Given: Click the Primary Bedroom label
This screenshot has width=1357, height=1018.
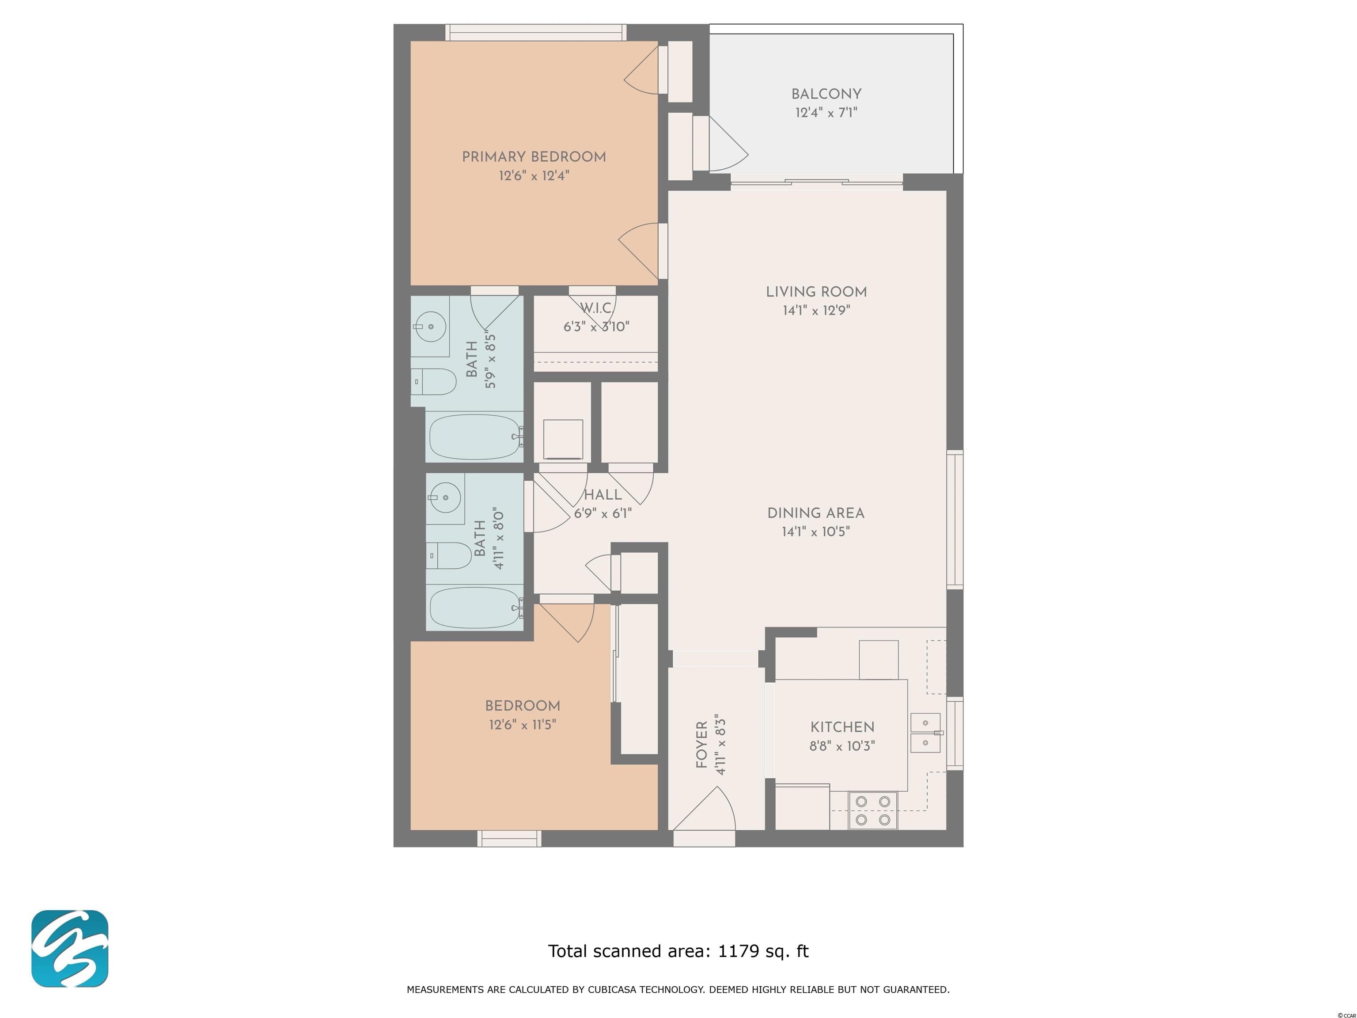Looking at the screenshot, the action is [534, 157].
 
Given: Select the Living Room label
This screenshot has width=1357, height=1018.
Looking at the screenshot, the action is [816, 292].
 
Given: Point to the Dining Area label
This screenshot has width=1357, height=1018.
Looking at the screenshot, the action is [816, 513].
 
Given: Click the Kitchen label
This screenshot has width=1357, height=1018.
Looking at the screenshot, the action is [842, 727].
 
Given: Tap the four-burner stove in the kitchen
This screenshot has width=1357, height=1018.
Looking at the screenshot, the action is [873, 810].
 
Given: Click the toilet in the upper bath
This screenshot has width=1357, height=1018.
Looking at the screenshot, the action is [434, 382].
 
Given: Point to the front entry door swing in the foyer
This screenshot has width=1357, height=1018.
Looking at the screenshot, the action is [705, 808].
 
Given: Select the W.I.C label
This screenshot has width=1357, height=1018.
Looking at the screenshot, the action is [596, 308].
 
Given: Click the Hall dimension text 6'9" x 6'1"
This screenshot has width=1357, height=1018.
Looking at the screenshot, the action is [603, 513].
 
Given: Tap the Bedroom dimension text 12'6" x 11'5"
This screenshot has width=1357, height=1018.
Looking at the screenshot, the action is [523, 725].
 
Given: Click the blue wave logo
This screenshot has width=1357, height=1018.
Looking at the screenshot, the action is [70, 949].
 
